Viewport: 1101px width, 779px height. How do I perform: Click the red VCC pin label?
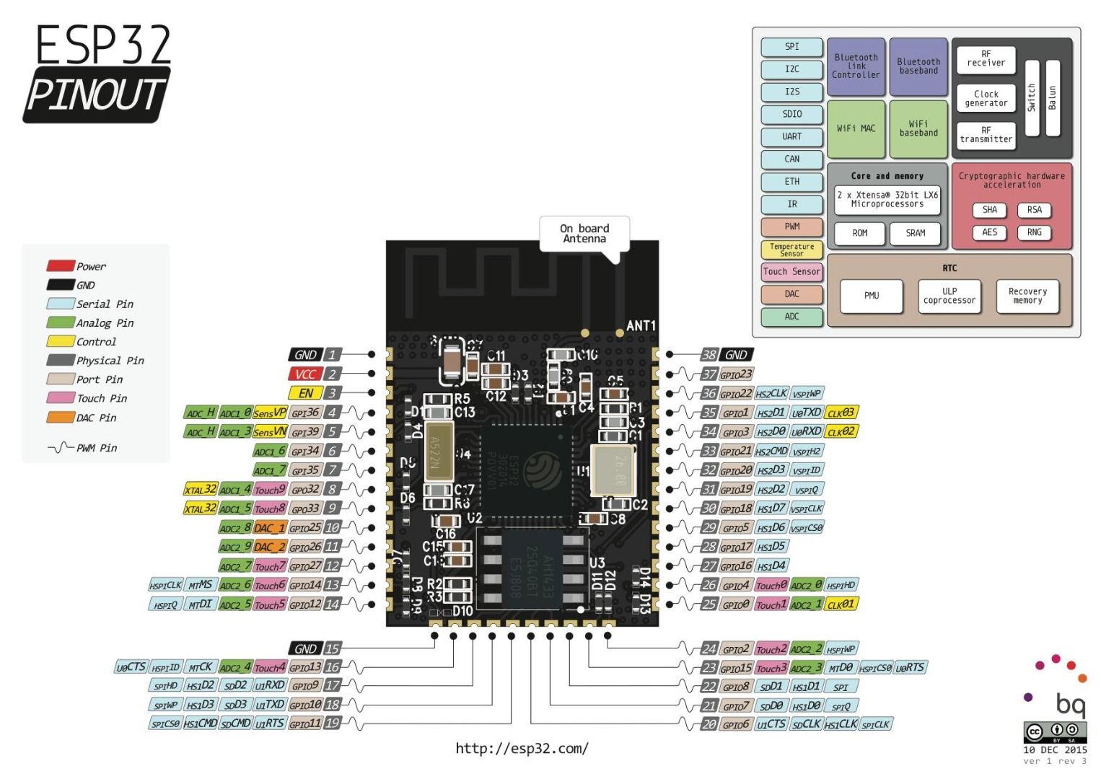(x=304, y=374)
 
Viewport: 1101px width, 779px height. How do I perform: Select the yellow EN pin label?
(x=305, y=393)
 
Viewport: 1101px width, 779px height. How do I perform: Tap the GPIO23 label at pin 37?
(x=737, y=374)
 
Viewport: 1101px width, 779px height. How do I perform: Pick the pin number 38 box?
(x=709, y=355)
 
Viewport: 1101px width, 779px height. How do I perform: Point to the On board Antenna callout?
(x=584, y=234)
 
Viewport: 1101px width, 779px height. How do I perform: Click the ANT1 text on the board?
(x=641, y=326)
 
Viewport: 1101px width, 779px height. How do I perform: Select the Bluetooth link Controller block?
(x=856, y=66)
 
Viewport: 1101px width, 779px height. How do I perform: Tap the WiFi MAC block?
(x=856, y=128)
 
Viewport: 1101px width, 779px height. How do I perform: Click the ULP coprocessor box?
(x=949, y=296)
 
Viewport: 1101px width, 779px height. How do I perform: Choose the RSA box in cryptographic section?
(x=1034, y=210)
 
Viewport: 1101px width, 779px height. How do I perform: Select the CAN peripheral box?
(x=791, y=159)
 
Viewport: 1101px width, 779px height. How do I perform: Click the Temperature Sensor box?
(x=791, y=250)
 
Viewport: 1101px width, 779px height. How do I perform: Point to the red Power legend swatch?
(x=61, y=266)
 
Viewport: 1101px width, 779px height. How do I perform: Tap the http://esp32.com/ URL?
(x=522, y=748)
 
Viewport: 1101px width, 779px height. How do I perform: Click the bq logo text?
(x=1070, y=703)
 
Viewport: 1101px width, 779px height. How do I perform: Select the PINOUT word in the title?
(x=96, y=94)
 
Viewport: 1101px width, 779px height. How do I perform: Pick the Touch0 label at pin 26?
(x=771, y=586)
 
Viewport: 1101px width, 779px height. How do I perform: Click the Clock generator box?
(x=986, y=98)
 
